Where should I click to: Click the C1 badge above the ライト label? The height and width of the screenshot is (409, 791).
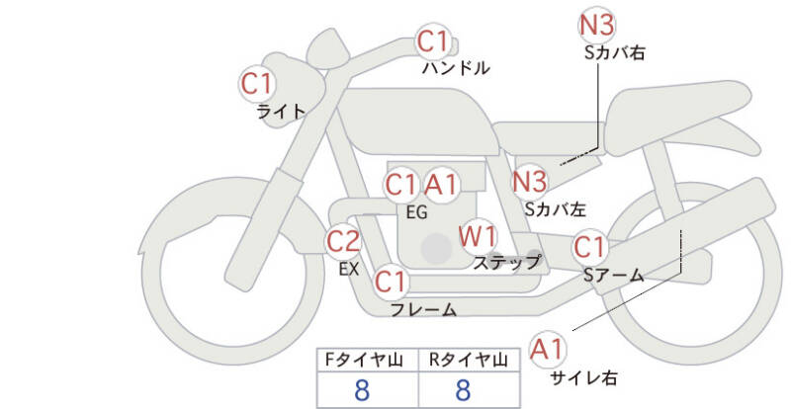pos(258,83)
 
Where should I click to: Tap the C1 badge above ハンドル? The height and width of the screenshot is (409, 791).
pos(433,41)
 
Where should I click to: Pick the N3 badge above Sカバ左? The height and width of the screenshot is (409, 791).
pos(530,181)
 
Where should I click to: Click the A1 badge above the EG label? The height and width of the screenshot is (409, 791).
pos(442,184)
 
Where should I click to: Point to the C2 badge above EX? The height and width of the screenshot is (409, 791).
pos(343,240)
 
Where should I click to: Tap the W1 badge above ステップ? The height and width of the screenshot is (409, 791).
pos(479,236)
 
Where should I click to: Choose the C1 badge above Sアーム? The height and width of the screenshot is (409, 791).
pos(590,246)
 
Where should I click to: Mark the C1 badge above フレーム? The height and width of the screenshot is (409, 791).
pos(392,283)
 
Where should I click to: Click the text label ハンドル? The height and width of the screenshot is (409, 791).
pos(456,69)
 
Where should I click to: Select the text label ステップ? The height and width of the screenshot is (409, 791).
pos(506,263)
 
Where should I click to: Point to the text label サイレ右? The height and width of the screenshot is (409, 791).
pos(583,377)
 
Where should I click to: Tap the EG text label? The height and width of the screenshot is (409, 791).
pos(416,211)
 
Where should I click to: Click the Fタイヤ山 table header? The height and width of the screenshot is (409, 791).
pos(367,359)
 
